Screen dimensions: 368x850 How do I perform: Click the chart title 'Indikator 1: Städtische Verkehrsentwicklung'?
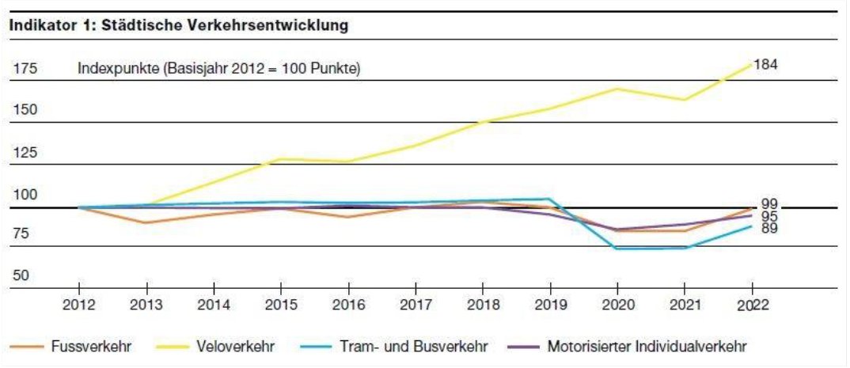coord(179,25)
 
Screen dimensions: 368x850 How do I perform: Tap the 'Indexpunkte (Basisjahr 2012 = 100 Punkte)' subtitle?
coord(218,69)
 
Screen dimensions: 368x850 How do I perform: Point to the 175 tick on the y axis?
coord(25,70)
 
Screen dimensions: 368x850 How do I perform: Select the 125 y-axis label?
coord(25,153)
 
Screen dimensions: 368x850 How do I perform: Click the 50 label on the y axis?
coord(21,276)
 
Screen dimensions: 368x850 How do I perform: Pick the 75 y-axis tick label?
coord(21,234)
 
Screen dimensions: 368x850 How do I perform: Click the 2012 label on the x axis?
coord(78,305)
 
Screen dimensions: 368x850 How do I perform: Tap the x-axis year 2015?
coord(280,305)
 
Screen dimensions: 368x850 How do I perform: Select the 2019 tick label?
coord(549,305)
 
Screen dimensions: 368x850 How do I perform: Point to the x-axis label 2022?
coord(750,305)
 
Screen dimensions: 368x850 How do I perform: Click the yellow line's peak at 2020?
coord(617,89)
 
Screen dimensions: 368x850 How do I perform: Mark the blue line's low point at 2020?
coord(617,248)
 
